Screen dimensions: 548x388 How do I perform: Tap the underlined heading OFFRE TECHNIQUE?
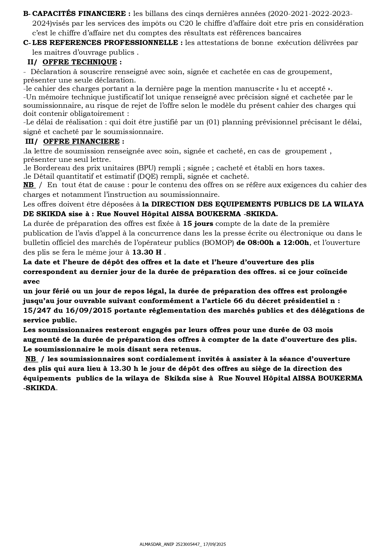tap(80, 62)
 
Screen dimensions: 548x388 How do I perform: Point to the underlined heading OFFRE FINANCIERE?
tap(81, 141)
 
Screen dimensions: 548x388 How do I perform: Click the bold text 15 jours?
tap(198, 224)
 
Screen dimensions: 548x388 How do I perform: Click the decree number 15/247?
tap(35, 311)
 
